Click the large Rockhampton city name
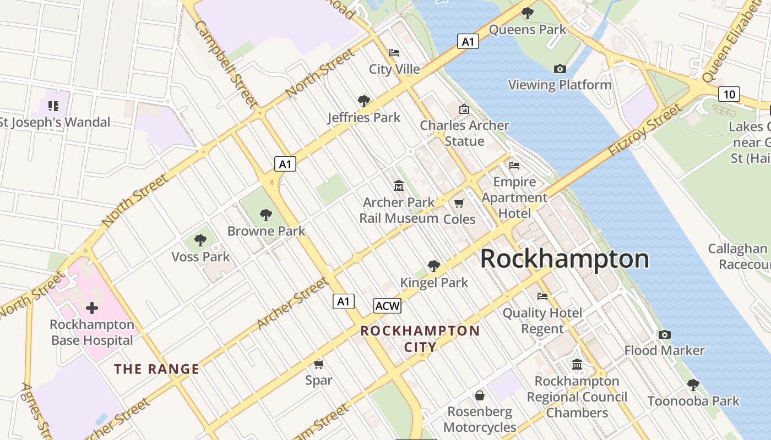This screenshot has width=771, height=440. coord(564,259)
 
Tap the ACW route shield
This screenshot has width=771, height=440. coord(387,306)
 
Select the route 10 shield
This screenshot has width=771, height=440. coord(729,94)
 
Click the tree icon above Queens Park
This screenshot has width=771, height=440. coord(527,13)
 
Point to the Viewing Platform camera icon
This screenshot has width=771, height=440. coord(560,69)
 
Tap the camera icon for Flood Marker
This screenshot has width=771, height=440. coord(664,334)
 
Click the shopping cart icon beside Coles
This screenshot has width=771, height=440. coord(459,203)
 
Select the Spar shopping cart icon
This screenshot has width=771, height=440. coord(318,364)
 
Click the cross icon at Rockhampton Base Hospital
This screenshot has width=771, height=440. coord(92,308)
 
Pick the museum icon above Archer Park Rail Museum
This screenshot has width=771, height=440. coord(398,186)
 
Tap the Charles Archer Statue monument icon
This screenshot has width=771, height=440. coord(464,109)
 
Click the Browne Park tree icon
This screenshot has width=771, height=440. coord(266,215)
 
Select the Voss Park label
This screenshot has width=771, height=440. coord(200,256)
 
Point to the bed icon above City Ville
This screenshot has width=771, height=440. coord(394,53)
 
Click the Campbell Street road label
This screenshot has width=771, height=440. coord(226,63)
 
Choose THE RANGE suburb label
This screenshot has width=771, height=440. coord(157,369)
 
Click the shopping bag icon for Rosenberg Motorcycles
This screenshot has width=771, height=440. coord(480,395)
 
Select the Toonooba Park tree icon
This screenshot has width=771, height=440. coord(693,384)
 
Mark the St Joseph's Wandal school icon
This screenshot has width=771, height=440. coord(53,106)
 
